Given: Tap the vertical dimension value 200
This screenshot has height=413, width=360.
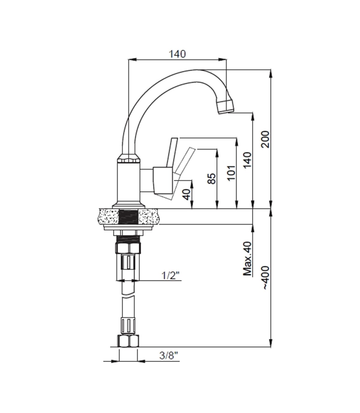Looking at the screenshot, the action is (x=265, y=139).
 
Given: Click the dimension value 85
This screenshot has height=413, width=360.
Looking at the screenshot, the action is (x=211, y=178).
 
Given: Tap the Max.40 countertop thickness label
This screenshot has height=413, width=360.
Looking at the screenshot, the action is (x=247, y=259).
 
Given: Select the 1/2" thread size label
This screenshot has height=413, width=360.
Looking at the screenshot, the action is (x=170, y=275).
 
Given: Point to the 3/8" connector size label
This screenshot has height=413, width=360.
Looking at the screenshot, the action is (x=169, y=356).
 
